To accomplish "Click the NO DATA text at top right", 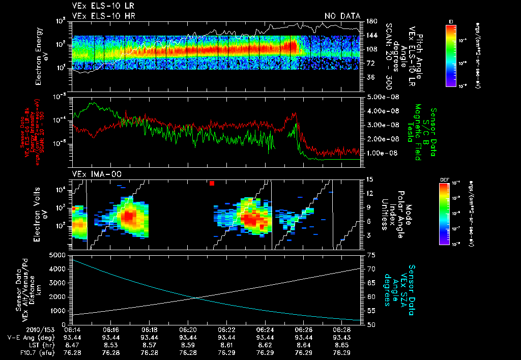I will (x=342, y=16).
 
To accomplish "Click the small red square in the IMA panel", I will (x=212, y=183).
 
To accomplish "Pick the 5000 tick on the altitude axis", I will (x=57, y=254).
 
